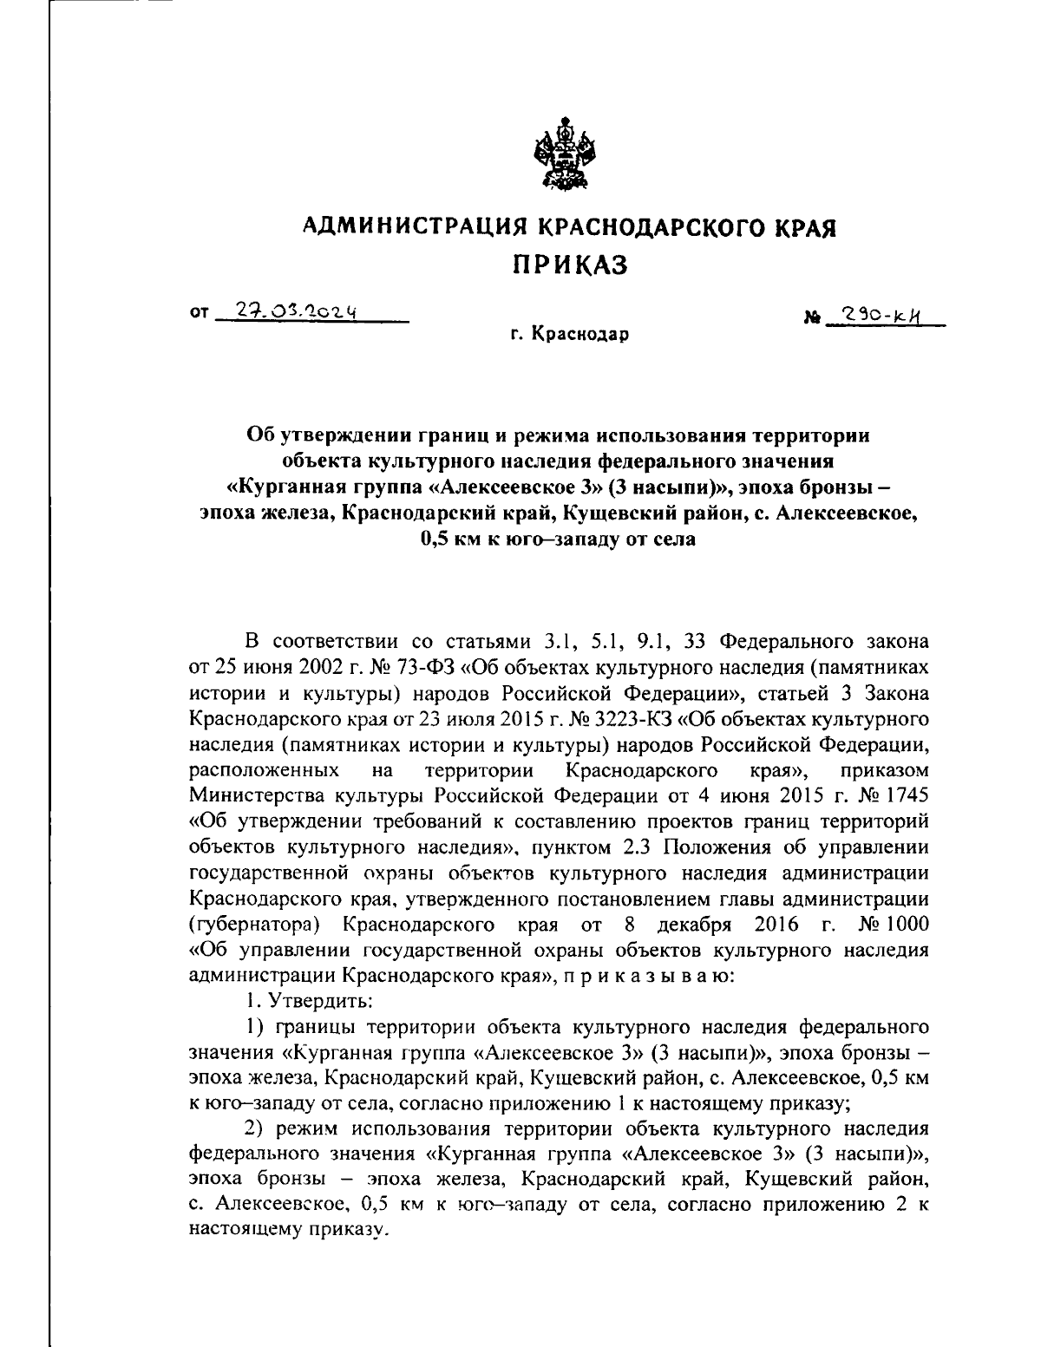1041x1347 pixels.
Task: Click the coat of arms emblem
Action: point(561,158)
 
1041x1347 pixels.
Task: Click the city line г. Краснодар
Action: point(568,334)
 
